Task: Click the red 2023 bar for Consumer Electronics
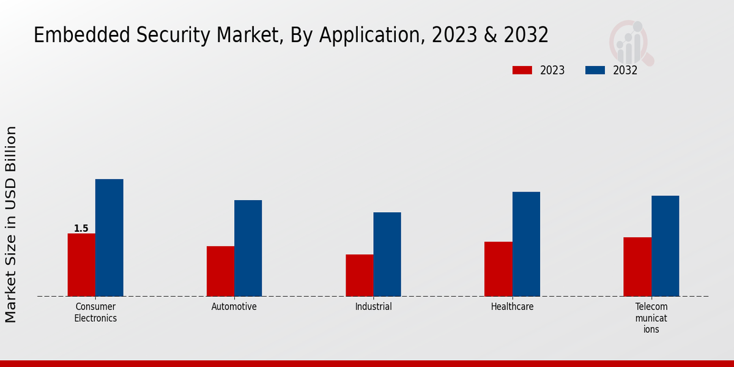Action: coord(81,265)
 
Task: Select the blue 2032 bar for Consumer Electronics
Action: coord(109,238)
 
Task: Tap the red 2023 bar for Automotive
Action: coord(220,271)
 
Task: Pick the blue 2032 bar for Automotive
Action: coord(248,248)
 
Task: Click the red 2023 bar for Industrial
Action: coord(359,275)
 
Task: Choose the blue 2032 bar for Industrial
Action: coord(387,254)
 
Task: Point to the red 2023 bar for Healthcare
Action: coord(499,269)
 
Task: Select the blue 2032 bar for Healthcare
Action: coord(526,244)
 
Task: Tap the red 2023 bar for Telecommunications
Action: coord(637,267)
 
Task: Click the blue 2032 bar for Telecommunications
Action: coord(665,246)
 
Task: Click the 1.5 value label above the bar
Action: coord(81,229)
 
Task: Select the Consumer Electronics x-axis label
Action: coord(95,313)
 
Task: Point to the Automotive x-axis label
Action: coord(234,307)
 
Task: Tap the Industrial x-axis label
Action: coord(373,307)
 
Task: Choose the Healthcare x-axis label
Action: coord(512,307)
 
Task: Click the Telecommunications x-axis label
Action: coord(651,318)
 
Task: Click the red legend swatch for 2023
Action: coord(522,70)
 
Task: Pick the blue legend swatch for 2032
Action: coord(595,70)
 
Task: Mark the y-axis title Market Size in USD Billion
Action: coord(11,224)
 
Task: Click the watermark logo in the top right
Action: coord(631,42)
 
